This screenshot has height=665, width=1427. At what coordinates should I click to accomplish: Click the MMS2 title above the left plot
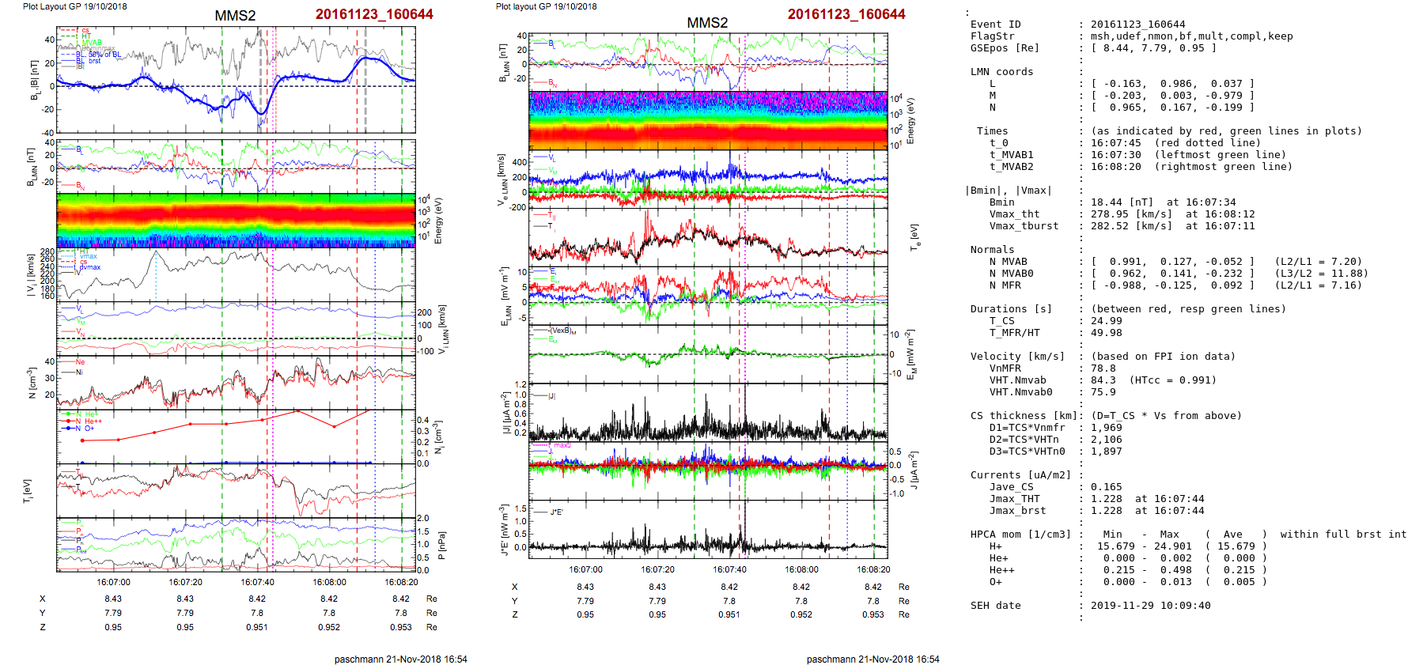[235, 16]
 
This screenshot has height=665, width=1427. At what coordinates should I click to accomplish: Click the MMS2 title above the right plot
[707, 23]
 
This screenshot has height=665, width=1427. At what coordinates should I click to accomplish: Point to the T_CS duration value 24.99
[1106, 321]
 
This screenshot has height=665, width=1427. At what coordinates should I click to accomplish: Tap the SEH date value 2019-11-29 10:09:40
[1150, 606]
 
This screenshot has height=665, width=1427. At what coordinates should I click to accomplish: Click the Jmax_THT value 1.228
[1106, 499]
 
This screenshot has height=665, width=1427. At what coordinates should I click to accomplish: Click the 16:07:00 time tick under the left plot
[113, 582]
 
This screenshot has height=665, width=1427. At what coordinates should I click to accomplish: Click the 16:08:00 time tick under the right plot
[801, 569]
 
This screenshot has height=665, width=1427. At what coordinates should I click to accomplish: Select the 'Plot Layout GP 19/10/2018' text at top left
[74, 6]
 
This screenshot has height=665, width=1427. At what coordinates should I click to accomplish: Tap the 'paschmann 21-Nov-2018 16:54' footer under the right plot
[872, 659]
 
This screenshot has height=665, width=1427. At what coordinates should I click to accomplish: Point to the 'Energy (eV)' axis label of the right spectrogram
[910, 121]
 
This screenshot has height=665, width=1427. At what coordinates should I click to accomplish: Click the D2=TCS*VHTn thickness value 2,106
[1106, 440]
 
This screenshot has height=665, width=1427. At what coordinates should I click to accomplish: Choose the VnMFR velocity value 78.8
[1103, 368]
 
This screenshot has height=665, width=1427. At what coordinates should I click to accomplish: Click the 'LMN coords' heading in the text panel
[1001, 72]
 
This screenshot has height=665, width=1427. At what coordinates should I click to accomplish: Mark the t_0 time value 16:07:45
[1115, 143]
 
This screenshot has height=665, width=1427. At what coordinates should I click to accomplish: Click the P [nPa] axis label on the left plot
[441, 546]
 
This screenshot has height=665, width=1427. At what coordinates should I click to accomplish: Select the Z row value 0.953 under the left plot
[400, 627]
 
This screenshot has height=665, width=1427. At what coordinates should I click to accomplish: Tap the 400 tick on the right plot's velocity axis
[519, 162]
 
